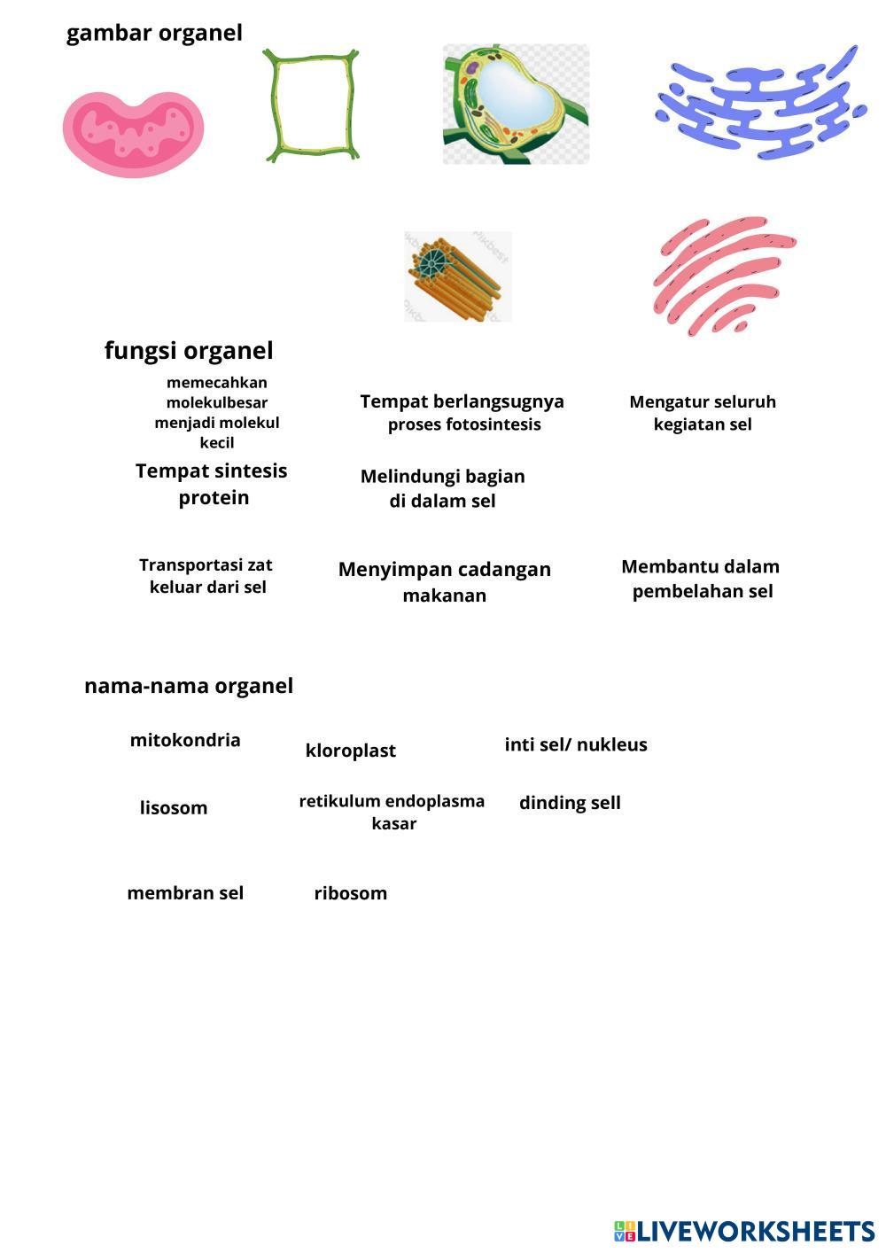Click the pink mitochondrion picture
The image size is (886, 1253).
[133, 133]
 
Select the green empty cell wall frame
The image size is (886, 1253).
[312, 105]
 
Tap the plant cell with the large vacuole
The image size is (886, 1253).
[516, 104]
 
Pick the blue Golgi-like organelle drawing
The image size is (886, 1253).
[761, 104]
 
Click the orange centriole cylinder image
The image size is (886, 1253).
[457, 276]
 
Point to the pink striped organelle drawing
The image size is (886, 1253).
[723, 275]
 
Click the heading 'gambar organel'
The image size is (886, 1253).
[154, 34]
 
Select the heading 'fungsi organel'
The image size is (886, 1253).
[189, 350]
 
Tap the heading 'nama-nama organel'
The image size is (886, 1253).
[188, 686]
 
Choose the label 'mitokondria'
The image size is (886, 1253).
[185, 740]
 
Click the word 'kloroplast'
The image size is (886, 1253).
[350, 751]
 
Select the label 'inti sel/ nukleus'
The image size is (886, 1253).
[576, 744]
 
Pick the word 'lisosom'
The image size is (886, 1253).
[174, 808]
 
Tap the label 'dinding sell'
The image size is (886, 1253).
[570, 803]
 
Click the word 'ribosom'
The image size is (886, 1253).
[351, 893]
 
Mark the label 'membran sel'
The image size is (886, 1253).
[185, 893]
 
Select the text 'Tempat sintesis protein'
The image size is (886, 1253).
[212, 484]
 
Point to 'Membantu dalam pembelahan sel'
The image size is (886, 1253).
[701, 579]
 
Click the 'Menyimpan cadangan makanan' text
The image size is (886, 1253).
[445, 581]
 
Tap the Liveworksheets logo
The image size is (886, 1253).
[744, 1231]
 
